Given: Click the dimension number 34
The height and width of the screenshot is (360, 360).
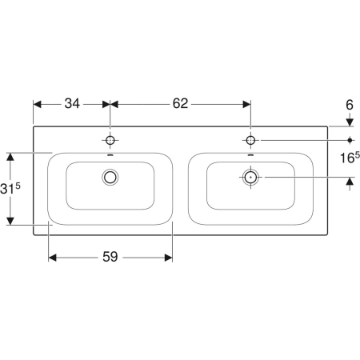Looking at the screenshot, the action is tap(72, 103).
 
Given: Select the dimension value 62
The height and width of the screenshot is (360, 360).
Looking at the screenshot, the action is tap(180, 103).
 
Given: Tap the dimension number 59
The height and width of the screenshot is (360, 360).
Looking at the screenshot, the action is tap(110, 257).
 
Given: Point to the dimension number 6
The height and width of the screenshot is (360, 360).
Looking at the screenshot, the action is tap(350, 105).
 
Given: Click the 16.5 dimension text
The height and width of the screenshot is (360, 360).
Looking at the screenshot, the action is tap(350, 158).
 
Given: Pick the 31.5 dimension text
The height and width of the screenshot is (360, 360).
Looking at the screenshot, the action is tap(10, 189).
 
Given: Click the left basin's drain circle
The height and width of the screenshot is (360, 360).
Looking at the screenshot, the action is tap(110, 177).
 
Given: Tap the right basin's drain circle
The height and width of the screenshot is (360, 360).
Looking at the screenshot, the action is tap(250, 177).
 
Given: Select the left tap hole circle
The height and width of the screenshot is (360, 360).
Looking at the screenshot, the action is tap(110, 140).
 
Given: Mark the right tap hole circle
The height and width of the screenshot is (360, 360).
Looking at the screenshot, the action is tap(250, 140).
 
